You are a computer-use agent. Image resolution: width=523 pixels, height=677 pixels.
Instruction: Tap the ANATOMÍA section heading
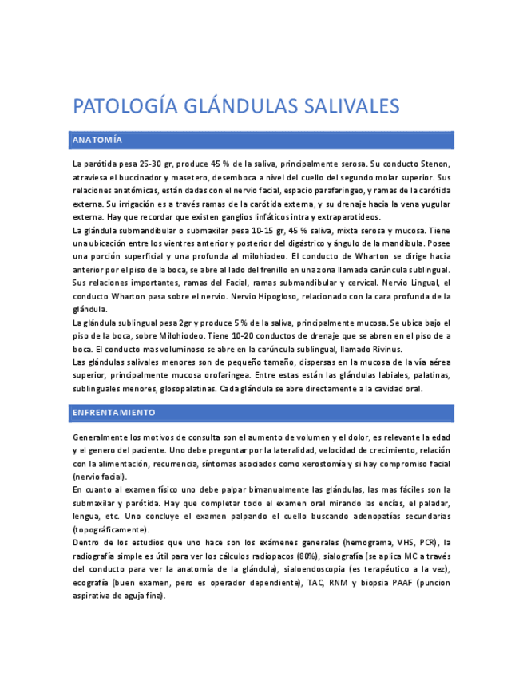(97, 140)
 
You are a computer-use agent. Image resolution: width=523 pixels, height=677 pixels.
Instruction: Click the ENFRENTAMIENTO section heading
(113, 413)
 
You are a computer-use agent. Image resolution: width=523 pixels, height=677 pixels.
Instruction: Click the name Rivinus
(383, 349)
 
